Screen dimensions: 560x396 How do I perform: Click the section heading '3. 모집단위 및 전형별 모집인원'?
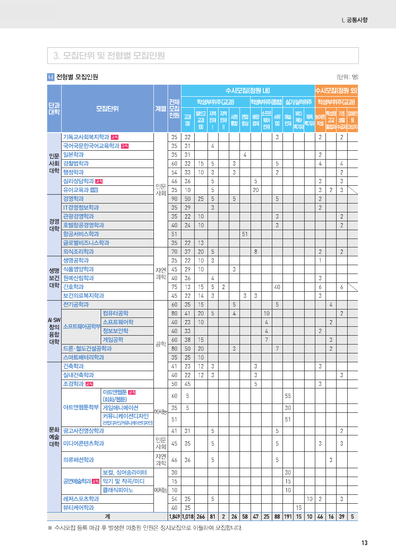click(109, 56)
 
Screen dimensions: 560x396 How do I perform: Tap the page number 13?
click(365, 543)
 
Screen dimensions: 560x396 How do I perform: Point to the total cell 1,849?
click(174, 517)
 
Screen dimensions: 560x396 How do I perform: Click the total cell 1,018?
click(188, 517)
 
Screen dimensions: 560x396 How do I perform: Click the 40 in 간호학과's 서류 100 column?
click(277, 287)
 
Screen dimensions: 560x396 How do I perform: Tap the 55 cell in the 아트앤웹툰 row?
click(288, 396)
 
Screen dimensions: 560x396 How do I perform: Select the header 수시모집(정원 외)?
click(336, 90)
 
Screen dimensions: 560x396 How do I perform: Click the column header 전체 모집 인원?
click(174, 109)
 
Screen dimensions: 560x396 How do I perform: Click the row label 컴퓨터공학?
click(115, 313)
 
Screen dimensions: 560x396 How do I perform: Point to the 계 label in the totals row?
click(107, 517)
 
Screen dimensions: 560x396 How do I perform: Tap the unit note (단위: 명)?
click(347, 77)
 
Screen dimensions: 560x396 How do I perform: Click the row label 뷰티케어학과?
click(78, 507)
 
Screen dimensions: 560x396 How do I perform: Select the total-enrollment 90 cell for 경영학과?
click(174, 199)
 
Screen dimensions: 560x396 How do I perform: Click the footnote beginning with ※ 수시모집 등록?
click(145, 528)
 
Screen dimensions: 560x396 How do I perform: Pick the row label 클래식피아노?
click(118, 490)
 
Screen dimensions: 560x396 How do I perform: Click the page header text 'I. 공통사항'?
click(354, 20)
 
